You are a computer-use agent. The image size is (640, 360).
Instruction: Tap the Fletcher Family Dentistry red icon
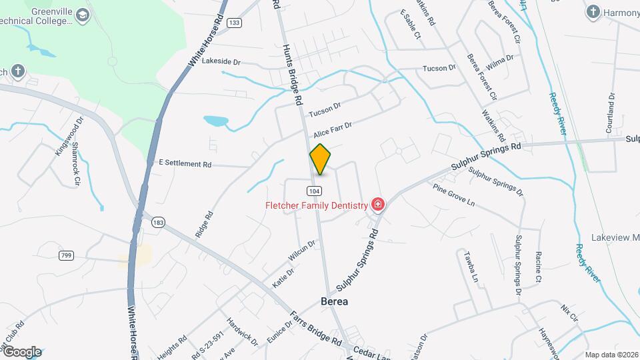(378, 205)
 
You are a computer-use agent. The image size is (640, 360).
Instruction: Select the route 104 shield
(313, 191)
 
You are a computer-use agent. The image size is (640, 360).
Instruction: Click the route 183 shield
(158, 222)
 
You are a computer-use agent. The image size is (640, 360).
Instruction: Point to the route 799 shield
(66, 255)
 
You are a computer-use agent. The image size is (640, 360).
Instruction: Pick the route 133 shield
(234, 23)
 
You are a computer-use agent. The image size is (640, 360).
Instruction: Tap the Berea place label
(335, 301)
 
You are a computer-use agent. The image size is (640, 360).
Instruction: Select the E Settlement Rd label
(185, 163)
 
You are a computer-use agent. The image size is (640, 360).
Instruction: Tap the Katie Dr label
(283, 278)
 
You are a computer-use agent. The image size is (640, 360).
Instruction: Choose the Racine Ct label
(538, 265)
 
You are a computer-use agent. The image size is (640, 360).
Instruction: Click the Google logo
(21, 351)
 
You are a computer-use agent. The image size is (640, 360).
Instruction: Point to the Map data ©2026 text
(611, 355)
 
